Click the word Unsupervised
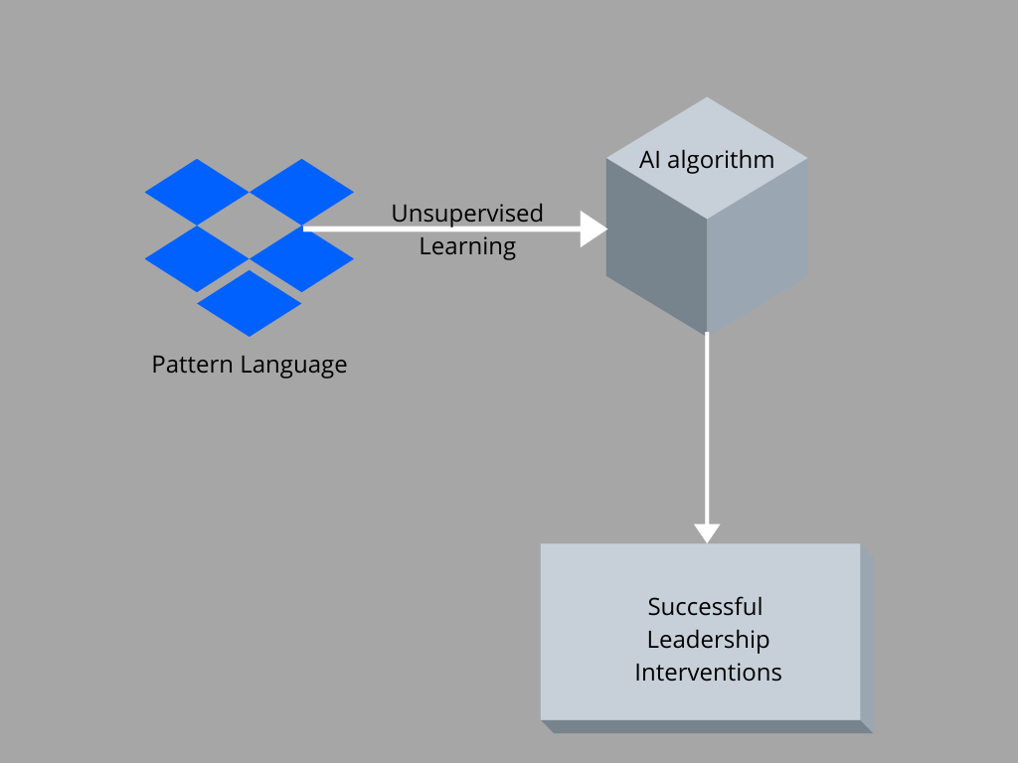[467, 214]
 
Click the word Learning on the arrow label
[467, 247]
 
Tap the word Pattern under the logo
[192, 365]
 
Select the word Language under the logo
[294, 366]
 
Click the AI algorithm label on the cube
[707, 160]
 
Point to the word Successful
[705, 607]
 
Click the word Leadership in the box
[708, 641]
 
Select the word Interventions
[708, 673]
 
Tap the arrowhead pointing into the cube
[593, 229]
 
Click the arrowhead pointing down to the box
[707, 533]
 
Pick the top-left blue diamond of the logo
[197, 192]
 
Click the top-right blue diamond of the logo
[302, 192]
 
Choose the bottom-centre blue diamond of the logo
[250, 303]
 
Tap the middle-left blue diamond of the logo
[197, 259]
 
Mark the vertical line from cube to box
[707, 428]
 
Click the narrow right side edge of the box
[867, 639]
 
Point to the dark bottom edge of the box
[707, 726]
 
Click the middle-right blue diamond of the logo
[302, 259]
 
